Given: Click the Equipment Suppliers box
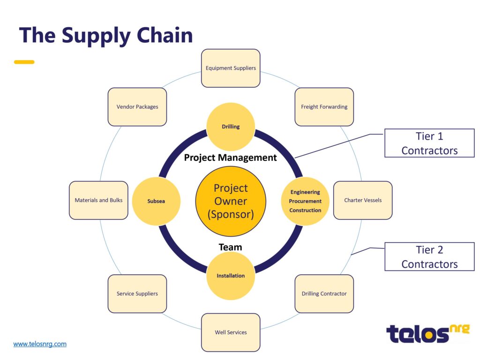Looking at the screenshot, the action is (x=231, y=68).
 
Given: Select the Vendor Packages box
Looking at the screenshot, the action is (x=137, y=107).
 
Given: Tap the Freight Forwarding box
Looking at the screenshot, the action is (x=324, y=107).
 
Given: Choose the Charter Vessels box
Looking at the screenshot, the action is (x=363, y=200).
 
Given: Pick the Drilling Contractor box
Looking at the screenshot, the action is (x=324, y=294).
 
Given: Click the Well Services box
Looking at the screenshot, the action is (x=231, y=332).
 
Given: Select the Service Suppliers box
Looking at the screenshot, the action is (x=137, y=294).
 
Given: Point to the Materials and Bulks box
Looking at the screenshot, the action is (x=98, y=200).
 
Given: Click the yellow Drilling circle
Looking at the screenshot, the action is (x=231, y=127).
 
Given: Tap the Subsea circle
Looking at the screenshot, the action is (x=156, y=201).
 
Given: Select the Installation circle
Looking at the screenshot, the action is (x=231, y=276).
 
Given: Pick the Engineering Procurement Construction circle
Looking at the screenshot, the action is (x=305, y=201).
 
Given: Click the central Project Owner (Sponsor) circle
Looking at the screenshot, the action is (x=231, y=201).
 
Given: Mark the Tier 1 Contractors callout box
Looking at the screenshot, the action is (x=429, y=143).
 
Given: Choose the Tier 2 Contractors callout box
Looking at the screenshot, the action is (x=429, y=256).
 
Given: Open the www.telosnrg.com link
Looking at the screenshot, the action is (x=40, y=344).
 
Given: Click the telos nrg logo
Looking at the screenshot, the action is (x=428, y=333).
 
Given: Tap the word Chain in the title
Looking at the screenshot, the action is (x=165, y=35).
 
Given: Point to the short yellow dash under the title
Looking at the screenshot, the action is (x=24, y=62).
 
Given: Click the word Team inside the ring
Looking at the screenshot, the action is (x=230, y=247).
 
